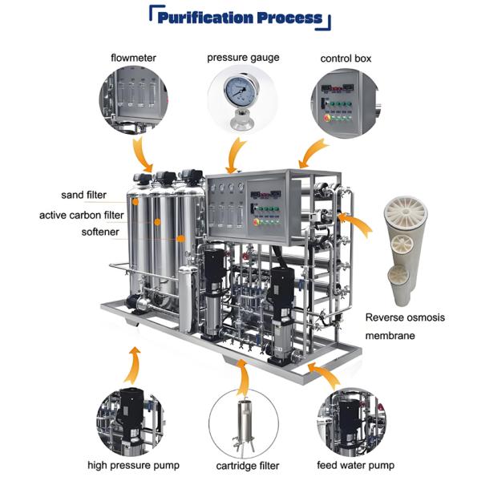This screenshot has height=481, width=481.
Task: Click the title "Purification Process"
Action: pyautogui.click(x=241, y=18)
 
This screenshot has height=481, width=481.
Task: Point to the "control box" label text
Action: pyautogui.click(x=346, y=59)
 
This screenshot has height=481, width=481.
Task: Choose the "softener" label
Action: pyautogui.click(x=100, y=232)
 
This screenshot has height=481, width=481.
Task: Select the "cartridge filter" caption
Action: pyautogui.click(x=240, y=465)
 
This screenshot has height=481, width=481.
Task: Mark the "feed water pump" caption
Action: pyautogui.click(x=354, y=465)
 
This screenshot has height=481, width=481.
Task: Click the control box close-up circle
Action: pyautogui.click(x=346, y=102)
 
